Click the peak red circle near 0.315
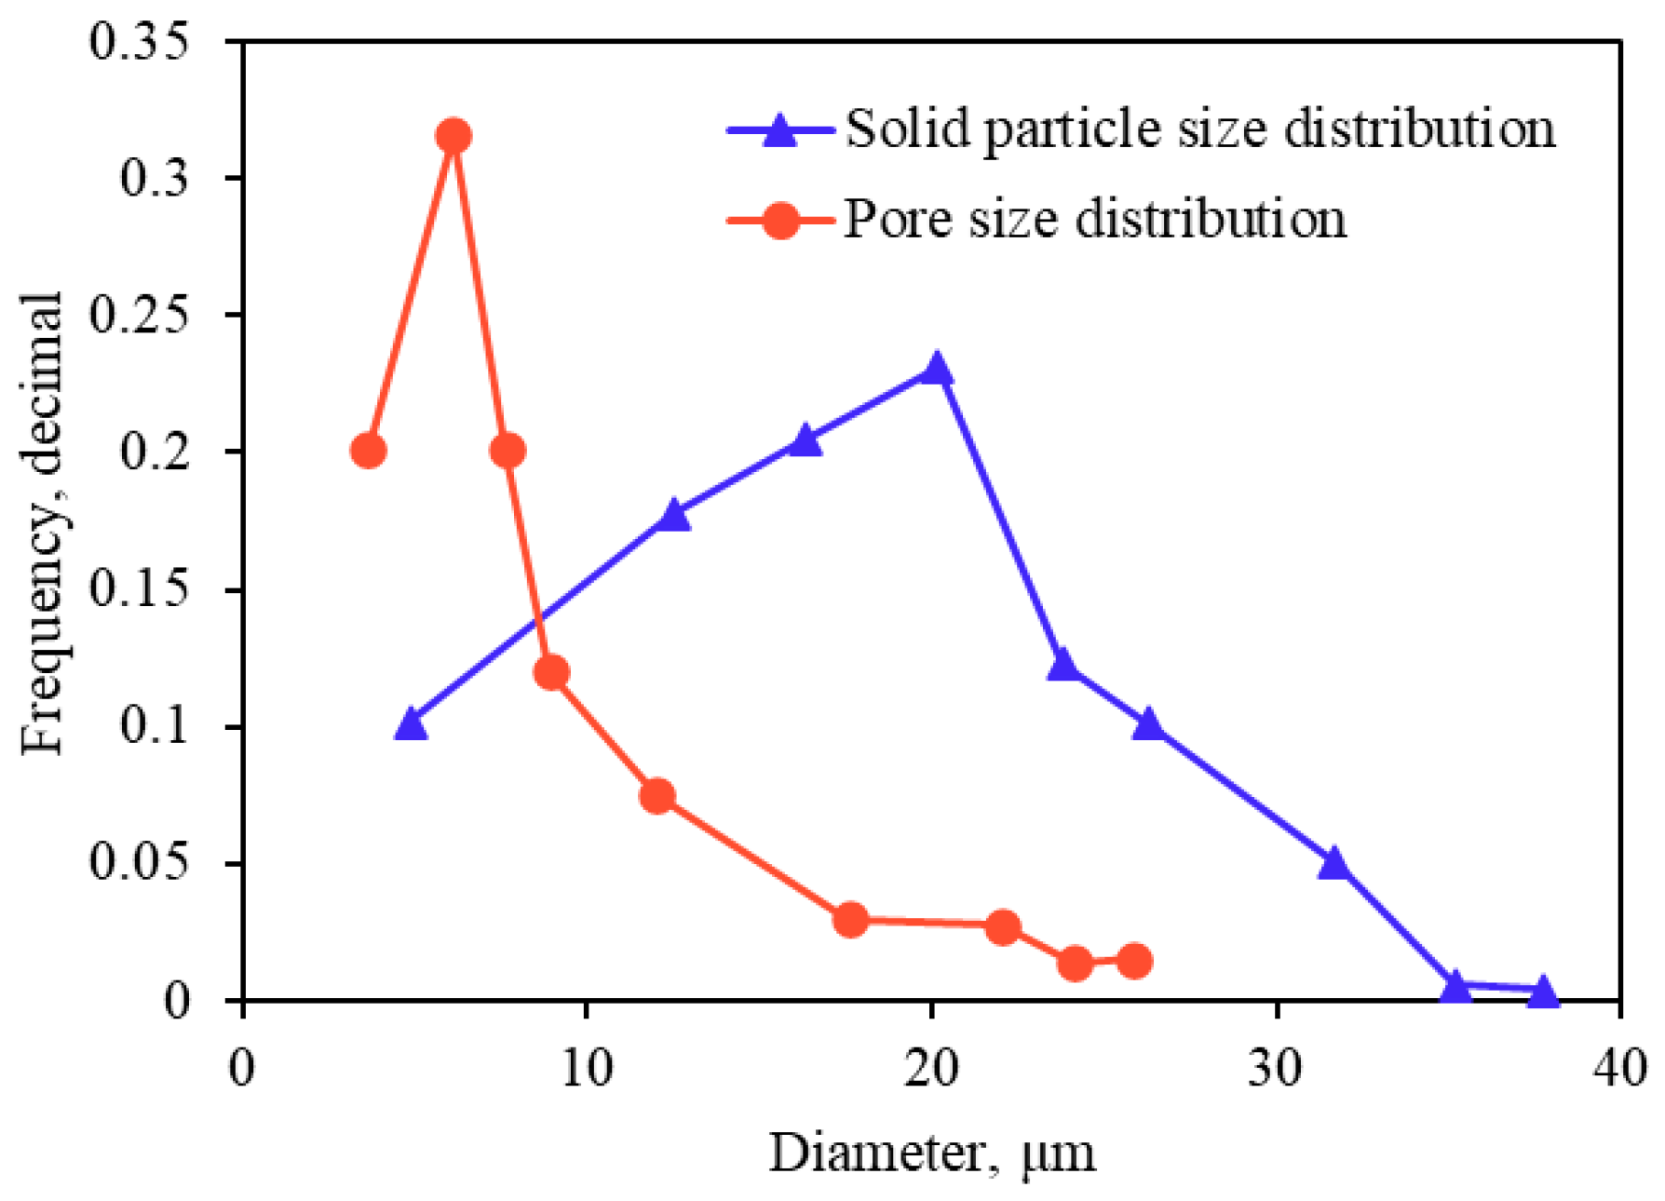[x=453, y=136]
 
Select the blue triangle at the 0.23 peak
[x=937, y=371]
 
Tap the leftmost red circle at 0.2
[x=369, y=452]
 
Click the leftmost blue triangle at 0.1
[x=411, y=725]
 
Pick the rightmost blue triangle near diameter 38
[x=1543, y=992]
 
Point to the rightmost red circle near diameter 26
[x=1134, y=961]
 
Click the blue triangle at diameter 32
[x=1333, y=864]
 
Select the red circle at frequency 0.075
[x=657, y=796]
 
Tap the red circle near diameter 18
[x=850, y=920]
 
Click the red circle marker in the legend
[x=780, y=221]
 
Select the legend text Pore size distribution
[x=1095, y=221]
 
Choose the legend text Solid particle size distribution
[x=1200, y=129]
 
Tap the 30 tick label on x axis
[x=1275, y=1069]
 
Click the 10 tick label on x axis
[x=587, y=1069]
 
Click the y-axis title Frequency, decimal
[x=43, y=521]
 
